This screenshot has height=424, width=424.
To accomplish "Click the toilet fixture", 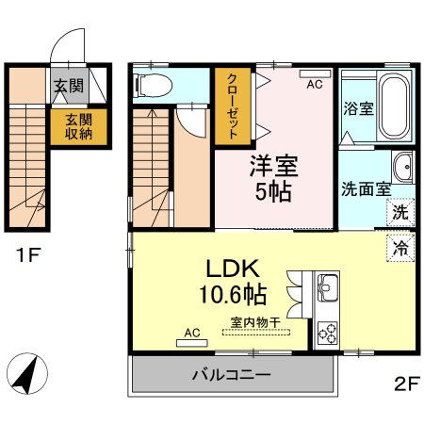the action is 153,86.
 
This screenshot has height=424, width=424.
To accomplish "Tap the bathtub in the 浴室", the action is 395,106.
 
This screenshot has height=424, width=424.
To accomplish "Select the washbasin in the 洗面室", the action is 403,167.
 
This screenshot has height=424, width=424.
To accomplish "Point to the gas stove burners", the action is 328,334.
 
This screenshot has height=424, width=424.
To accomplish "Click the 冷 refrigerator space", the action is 400,248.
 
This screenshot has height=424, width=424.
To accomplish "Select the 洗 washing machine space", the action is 400,212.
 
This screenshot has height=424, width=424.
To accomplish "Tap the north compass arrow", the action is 27,373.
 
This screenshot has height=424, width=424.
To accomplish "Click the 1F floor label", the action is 28,254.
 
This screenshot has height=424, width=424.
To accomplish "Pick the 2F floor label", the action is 407,383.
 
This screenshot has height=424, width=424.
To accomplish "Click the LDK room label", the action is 233,269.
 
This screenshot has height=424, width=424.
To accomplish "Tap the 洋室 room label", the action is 274,166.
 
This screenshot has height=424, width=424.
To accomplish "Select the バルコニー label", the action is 232,375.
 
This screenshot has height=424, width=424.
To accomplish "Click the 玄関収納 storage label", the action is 79,127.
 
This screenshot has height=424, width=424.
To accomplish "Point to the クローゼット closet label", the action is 233,106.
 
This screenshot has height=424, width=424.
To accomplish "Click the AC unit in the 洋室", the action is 315,73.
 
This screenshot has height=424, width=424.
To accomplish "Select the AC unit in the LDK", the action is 192,343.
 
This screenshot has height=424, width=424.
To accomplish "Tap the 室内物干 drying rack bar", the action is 256,332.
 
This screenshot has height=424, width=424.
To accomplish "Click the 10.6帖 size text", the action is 233,294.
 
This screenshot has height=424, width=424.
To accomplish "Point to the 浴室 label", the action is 358,108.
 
